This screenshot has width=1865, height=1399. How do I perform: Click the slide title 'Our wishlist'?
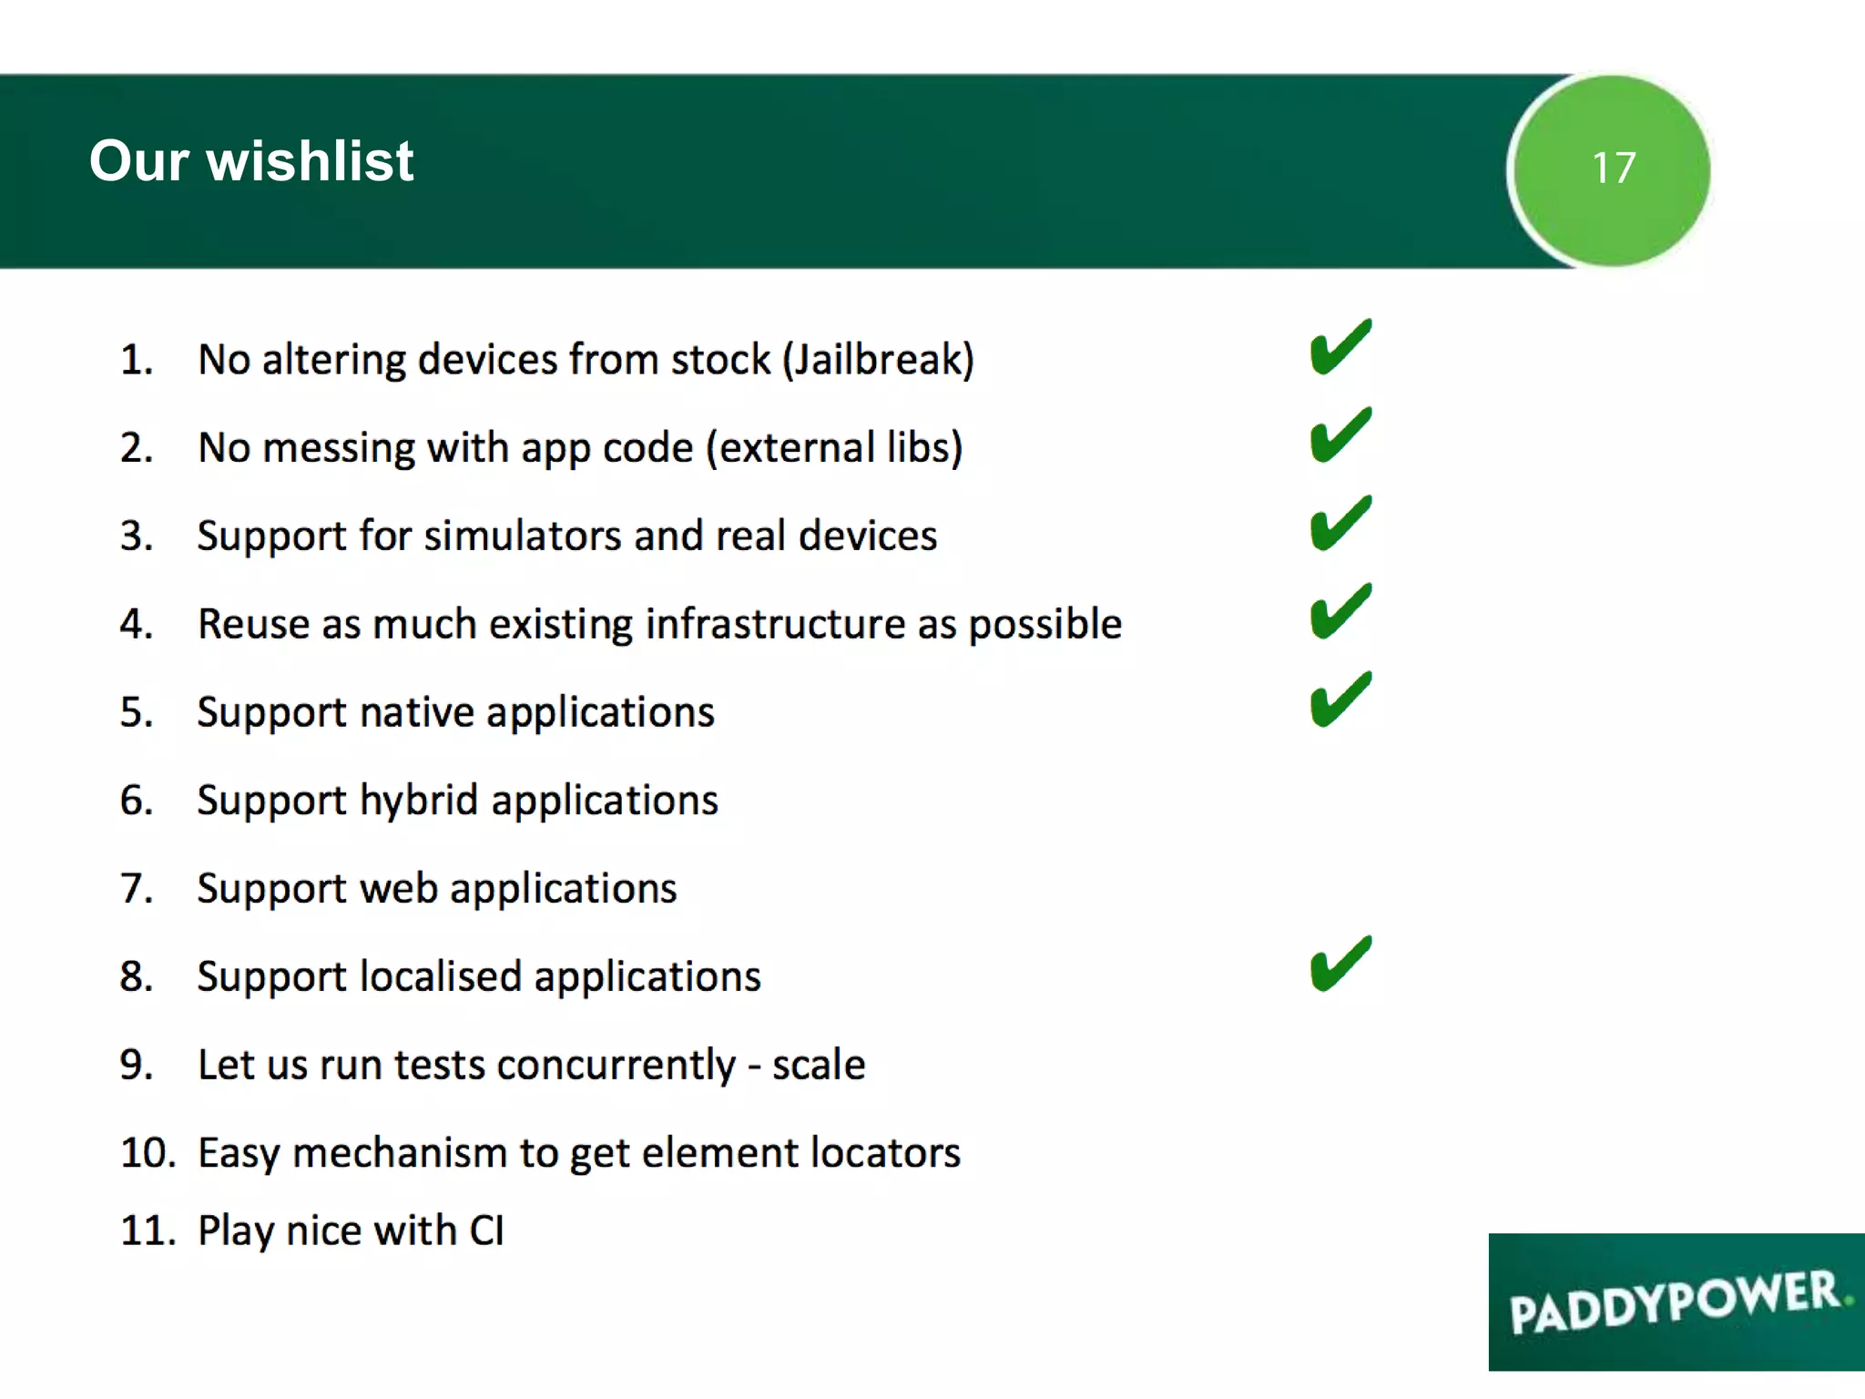(251, 161)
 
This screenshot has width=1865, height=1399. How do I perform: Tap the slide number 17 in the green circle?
(1613, 168)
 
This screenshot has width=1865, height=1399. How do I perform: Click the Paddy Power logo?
(1676, 1302)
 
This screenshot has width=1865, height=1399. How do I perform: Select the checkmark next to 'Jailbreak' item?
(1339, 348)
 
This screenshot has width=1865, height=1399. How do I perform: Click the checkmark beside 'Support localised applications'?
(1339, 965)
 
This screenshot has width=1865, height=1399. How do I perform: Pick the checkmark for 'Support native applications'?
(1339, 700)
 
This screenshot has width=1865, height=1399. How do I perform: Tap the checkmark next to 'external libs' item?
(1339, 436)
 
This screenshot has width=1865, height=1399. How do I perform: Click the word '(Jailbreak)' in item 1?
(879, 360)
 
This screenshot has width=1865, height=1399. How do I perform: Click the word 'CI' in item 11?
(486, 1231)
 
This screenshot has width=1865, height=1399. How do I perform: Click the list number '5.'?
(137, 712)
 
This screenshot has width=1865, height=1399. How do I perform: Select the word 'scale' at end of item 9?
(818, 1066)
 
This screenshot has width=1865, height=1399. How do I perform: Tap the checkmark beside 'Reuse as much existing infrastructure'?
(1339, 612)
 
